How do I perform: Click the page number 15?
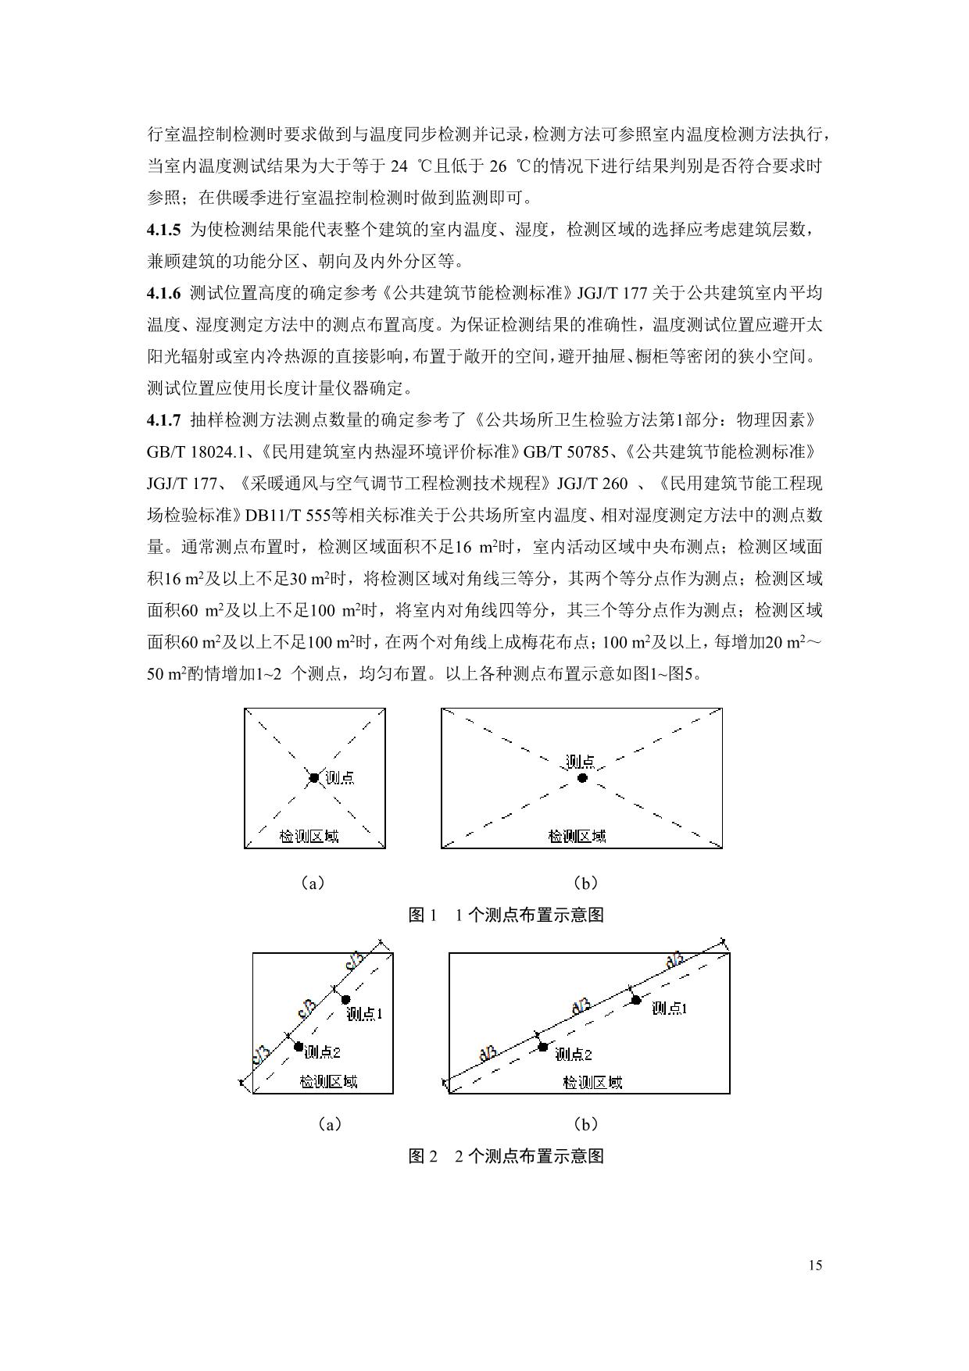point(816,1266)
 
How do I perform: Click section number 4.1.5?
point(163,230)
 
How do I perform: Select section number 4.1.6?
point(163,293)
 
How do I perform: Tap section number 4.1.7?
point(163,420)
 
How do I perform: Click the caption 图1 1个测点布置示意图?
point(506,915)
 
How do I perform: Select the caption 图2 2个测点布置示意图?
point(506,1156)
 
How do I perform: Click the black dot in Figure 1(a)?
point(313,777)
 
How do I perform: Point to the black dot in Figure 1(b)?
point(582,778)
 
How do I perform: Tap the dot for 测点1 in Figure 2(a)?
point(345,999)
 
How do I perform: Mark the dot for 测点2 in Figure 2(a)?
point(299,1046)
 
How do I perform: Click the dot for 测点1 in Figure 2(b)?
point(636,1000)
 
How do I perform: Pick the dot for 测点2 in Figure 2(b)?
point(543,1047)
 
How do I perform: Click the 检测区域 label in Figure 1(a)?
point(309,837)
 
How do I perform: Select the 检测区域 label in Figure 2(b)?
point(592,1083)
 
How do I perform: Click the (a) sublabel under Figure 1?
point(313,884)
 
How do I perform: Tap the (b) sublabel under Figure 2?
point(585,1124)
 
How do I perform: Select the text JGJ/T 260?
point(592,484)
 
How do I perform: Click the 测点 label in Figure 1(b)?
point(581,762)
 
